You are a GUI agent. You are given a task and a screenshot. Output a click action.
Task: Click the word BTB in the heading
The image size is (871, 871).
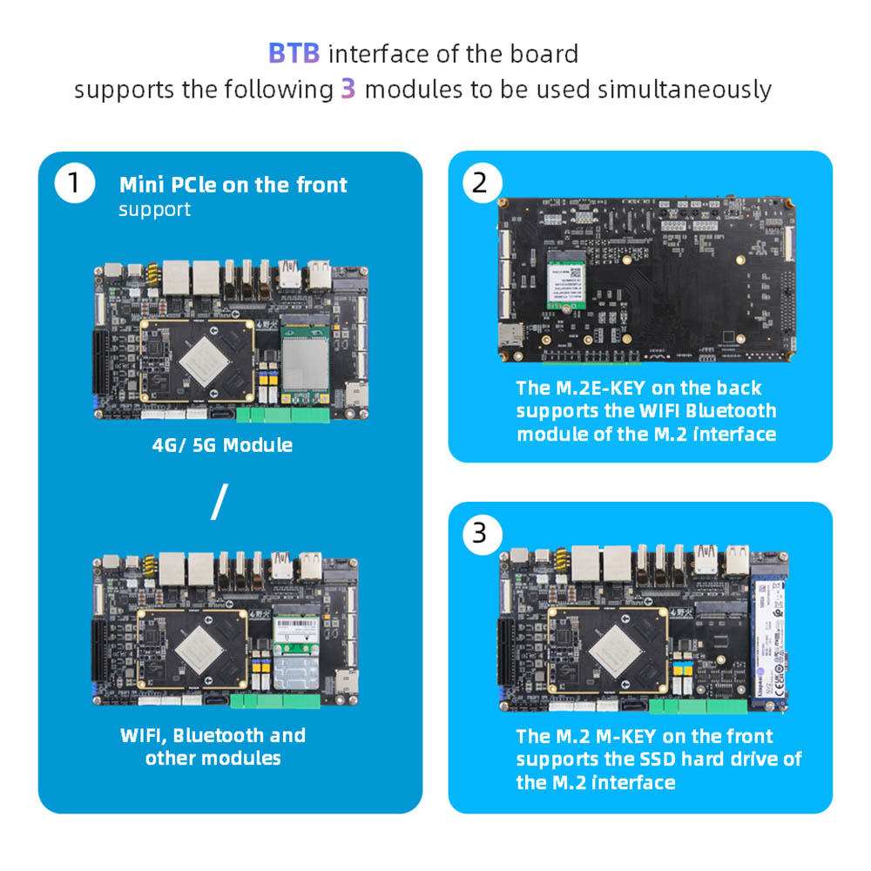294,53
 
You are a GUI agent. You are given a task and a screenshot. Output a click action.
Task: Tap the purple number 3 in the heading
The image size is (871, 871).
348,89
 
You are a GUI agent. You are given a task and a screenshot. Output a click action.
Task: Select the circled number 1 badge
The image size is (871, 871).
73,184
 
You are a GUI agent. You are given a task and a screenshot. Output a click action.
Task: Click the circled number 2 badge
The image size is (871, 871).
480,183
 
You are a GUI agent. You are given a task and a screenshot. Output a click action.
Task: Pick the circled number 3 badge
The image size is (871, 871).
480,532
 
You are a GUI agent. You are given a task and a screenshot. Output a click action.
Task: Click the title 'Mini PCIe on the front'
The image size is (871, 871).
233,185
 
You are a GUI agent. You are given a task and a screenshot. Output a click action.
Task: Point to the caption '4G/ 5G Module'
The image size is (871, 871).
222,445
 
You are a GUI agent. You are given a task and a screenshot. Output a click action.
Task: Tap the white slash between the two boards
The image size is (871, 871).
219,503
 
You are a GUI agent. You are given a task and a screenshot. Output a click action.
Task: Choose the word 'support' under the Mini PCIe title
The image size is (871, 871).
154,210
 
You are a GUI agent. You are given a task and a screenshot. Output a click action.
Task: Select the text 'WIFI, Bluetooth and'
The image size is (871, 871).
213,735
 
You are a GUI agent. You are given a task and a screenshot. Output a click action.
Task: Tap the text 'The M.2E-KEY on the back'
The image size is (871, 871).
638,388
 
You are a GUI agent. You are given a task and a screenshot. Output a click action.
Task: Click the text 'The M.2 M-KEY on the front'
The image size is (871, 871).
644,736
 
